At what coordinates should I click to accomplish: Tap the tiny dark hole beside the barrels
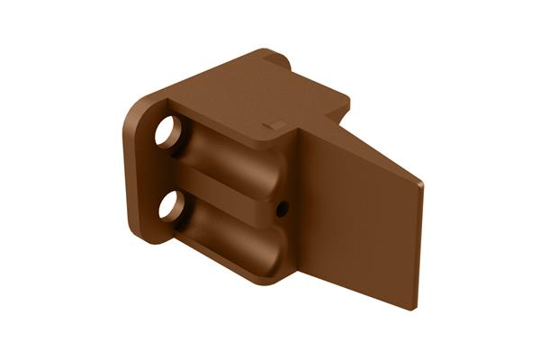(282, 209)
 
